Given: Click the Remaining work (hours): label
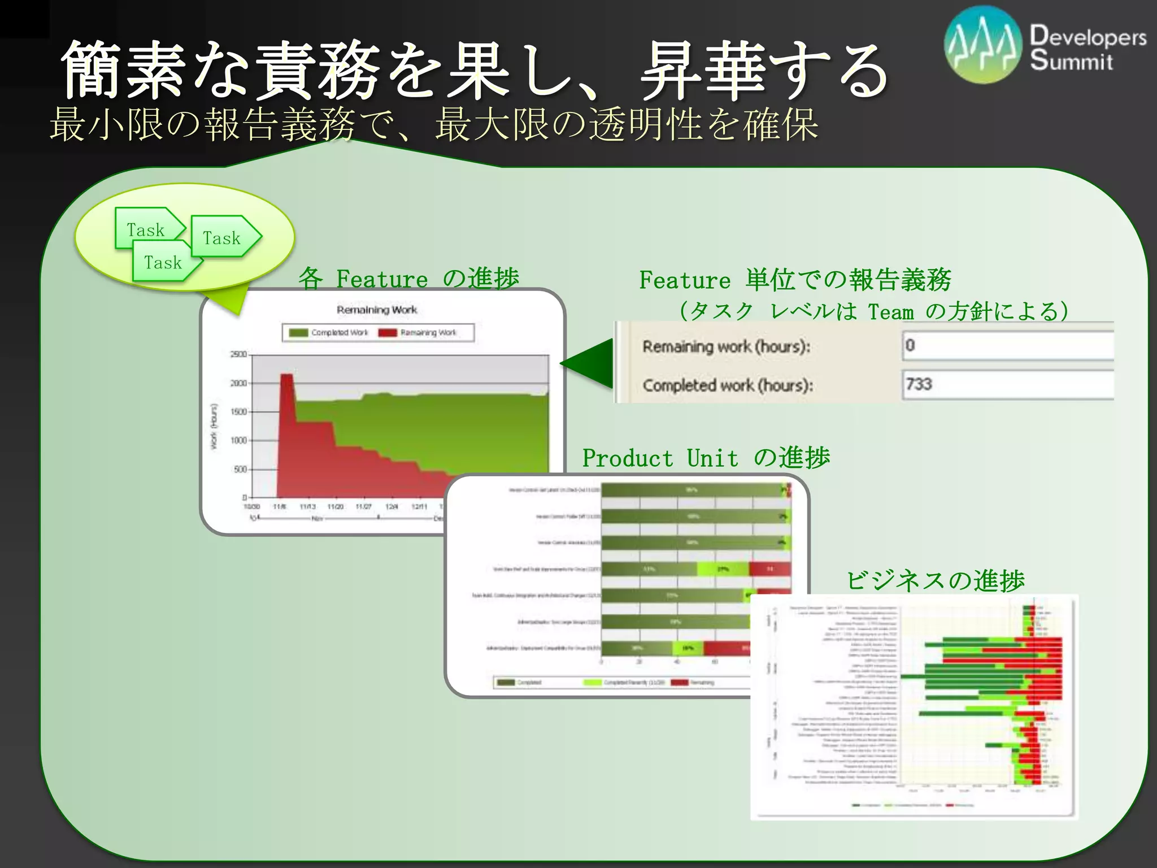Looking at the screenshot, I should tap(726, 346).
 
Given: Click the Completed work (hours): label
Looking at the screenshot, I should tap(728, 385).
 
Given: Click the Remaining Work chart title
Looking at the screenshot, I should tap(377, 310).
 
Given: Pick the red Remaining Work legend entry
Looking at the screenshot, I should tap(418, 333).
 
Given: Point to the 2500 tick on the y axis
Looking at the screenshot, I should tap(238, 354).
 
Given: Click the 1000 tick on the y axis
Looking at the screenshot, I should tap(238, 440).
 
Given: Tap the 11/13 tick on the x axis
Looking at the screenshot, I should tap(307, 507).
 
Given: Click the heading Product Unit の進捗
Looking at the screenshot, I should tap(706, 458).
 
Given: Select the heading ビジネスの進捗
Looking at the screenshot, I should tap(935, 580).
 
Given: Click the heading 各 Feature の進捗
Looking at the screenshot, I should tap(408, 279).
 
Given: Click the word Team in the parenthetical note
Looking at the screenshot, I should tap(890, 312).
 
